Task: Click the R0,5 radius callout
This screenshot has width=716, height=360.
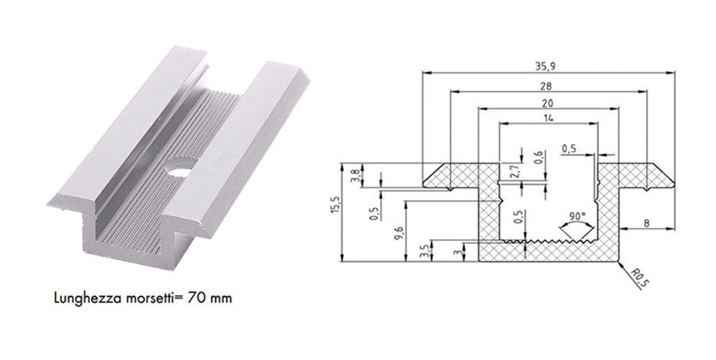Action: (637, 279)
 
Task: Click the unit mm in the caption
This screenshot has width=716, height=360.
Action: (220, 297)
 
